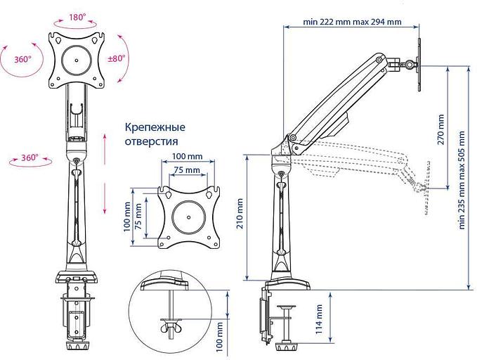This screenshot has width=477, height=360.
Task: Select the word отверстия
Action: [x=150, y=141]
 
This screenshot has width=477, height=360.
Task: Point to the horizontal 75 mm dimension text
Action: [x=185, y=170]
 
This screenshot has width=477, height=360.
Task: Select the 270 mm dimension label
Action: [x=440, y=128]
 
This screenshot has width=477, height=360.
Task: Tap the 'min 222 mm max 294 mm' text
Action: [x=352, y=22]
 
